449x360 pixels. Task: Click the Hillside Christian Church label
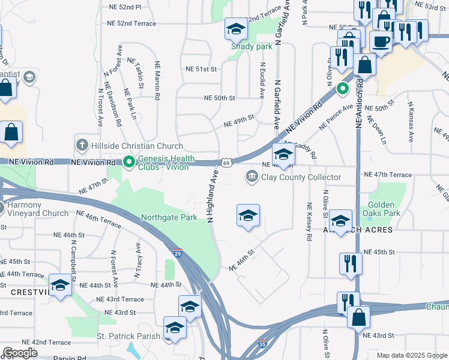tap(136, 146)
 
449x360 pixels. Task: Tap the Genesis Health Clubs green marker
tap(128, 161)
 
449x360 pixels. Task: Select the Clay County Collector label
tap(300, 177)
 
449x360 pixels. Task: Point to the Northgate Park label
tap(169, 218)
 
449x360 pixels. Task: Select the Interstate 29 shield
tap(178, 253)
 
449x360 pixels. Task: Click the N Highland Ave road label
tap(213, 196)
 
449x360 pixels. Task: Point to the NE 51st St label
tap(200, 70)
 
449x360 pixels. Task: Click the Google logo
tap(20, 353)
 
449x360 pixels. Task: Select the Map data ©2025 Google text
tap(412, 355)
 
